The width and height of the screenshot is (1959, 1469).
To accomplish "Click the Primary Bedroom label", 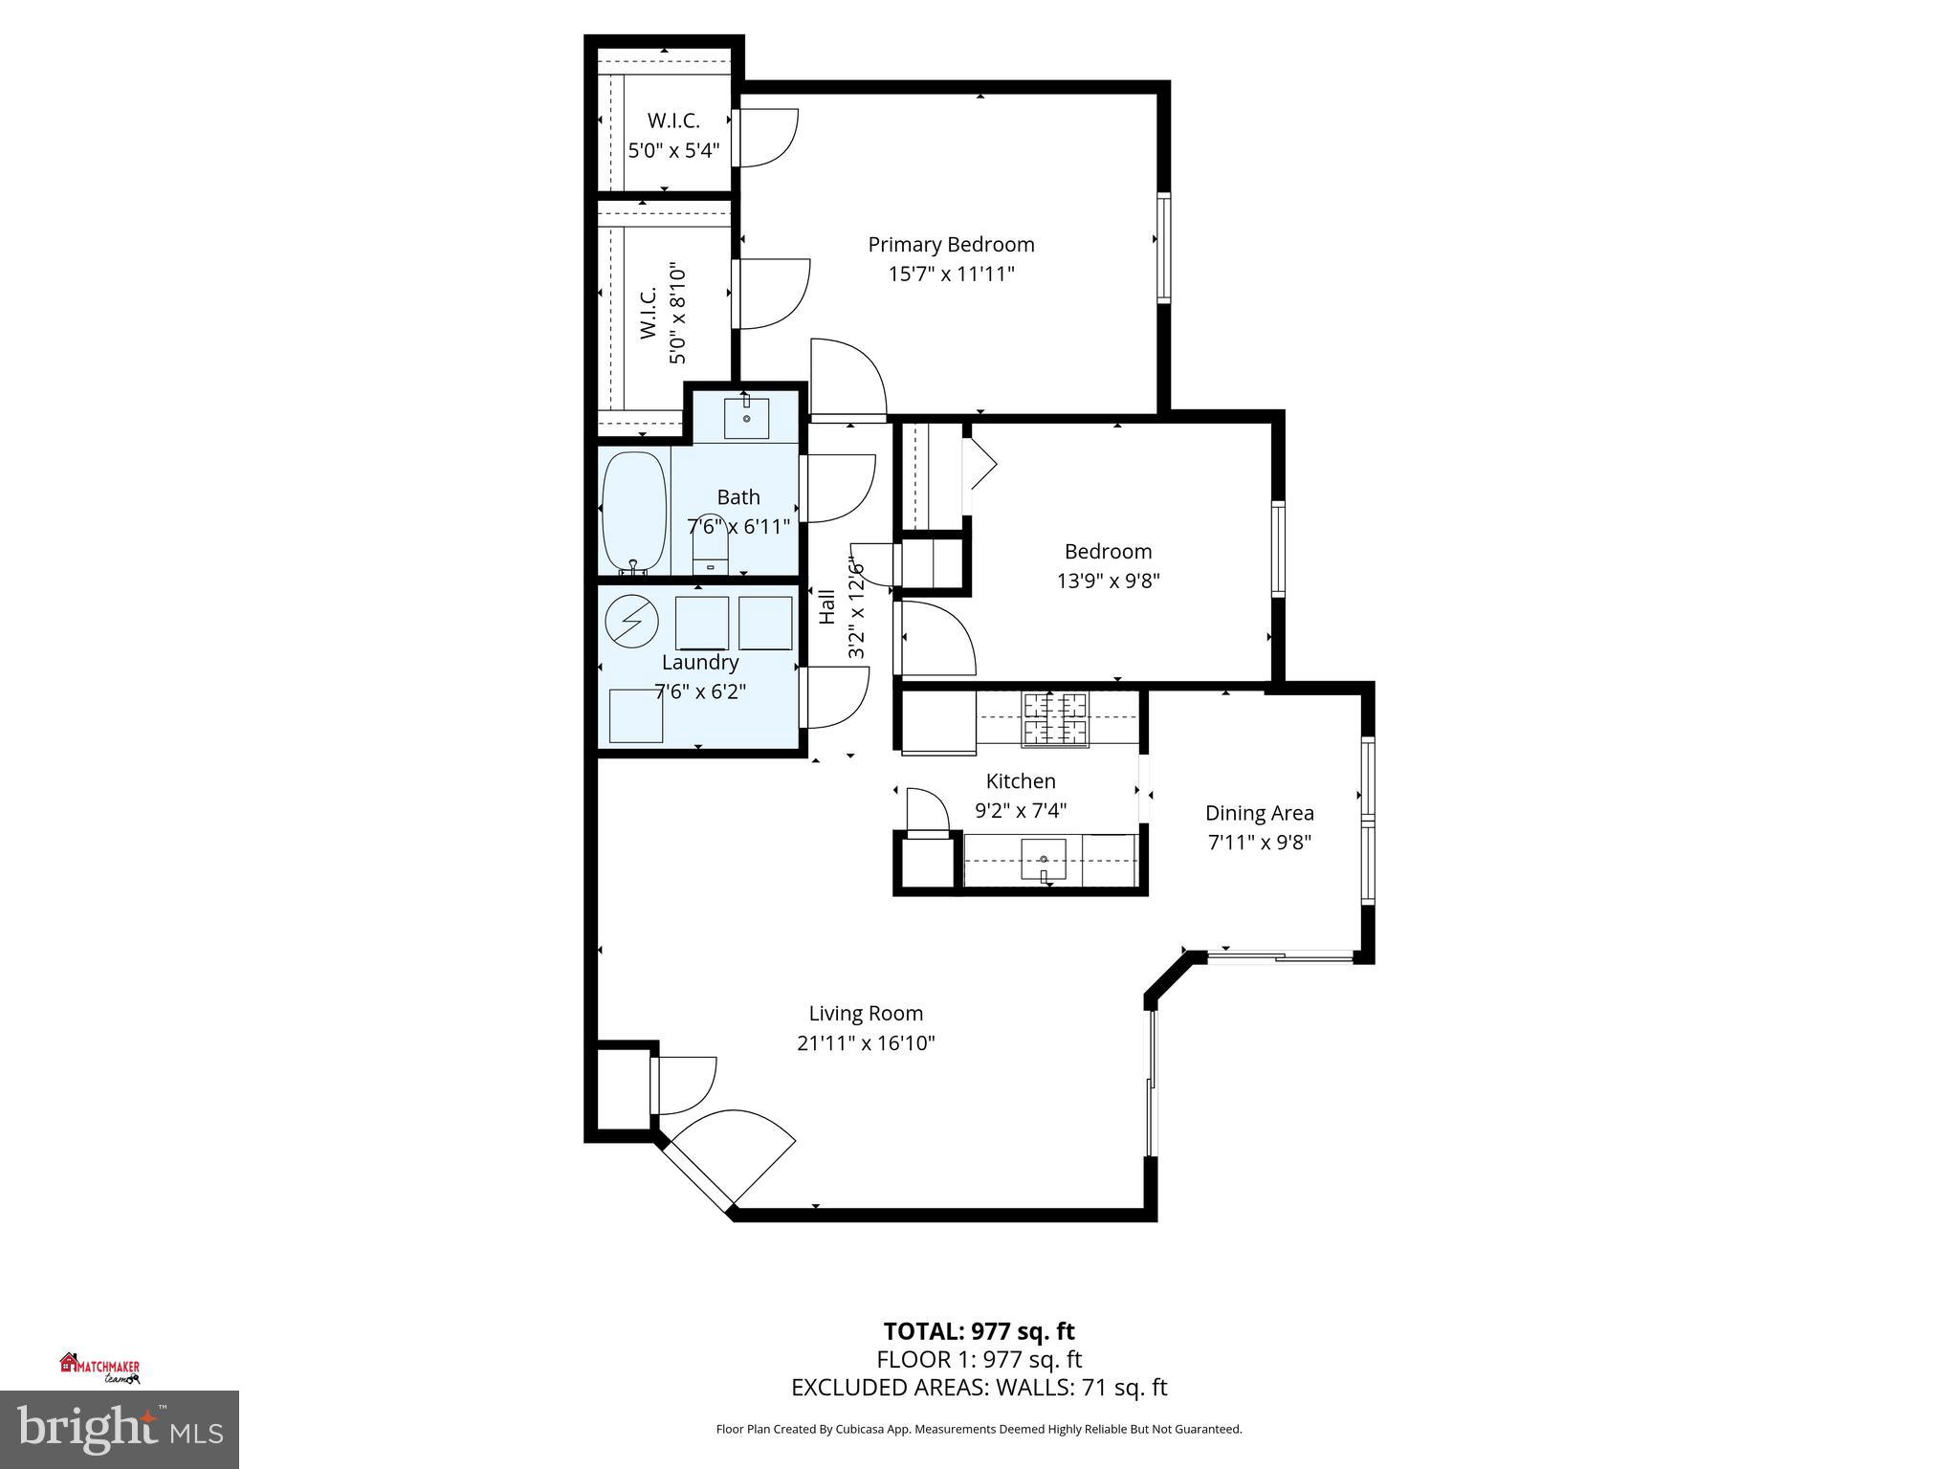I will click(951, 245).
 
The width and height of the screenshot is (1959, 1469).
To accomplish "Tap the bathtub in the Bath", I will click(633, 513).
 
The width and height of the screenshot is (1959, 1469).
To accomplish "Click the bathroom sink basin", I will click(746, 418).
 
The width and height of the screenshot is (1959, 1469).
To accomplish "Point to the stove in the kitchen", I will click(1056, 719).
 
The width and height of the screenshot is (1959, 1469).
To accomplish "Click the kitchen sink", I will click(1044, 859).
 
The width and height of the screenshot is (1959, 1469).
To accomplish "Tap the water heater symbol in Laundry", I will click(632, 623).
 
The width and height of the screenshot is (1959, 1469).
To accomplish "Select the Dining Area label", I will click(1259, 813).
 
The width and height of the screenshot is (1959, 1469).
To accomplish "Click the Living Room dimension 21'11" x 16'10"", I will click(865, 1042).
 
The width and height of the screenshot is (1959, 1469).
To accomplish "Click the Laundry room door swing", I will click(836, 697).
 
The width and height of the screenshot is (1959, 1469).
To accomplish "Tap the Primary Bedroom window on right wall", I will click(1163, 248).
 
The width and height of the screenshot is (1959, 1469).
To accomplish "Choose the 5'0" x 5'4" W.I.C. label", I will click(672, 150).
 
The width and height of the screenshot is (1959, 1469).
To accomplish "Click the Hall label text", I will click(827, 607).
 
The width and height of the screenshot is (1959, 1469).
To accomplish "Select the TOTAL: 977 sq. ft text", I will click(979, 1331).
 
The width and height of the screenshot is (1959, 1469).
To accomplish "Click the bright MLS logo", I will click(119, 1430).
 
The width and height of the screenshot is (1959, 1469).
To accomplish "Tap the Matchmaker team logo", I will click(100, 1368).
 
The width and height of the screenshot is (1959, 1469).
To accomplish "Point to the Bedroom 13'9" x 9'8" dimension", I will click(1108, 581).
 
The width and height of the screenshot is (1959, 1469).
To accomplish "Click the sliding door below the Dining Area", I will click(1280, 954).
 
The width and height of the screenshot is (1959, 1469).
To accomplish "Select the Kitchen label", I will click(1021, 781).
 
